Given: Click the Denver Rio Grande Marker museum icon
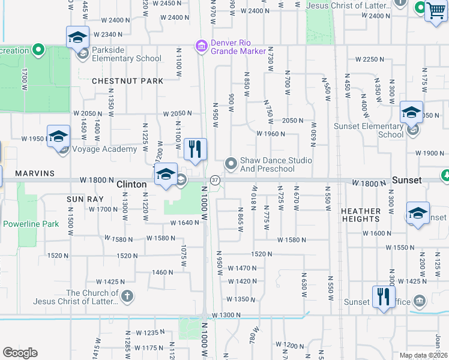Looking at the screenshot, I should click(x=201, y=46).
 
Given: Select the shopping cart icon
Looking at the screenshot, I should click(x=435, y=11).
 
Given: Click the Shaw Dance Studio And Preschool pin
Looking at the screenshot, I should click(x=231, y=163).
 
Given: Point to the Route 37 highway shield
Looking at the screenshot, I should click(x=214, y=180).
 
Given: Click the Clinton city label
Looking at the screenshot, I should click(x=131, y=185).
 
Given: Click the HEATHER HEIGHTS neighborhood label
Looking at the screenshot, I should click(x=361, y=215).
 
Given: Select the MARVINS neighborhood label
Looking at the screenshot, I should click(x=35, y=173).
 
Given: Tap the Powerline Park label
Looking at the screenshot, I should click(x=31, y=224).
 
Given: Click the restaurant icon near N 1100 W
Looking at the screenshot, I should click(x=194, y=149).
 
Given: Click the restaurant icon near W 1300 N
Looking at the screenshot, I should click(x=383, y=296).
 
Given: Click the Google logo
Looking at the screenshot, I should click(x=20, y=352).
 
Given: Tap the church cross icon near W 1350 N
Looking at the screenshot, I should click(x=127, y=295).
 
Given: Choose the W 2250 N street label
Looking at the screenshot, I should click(x=370, y=59).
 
